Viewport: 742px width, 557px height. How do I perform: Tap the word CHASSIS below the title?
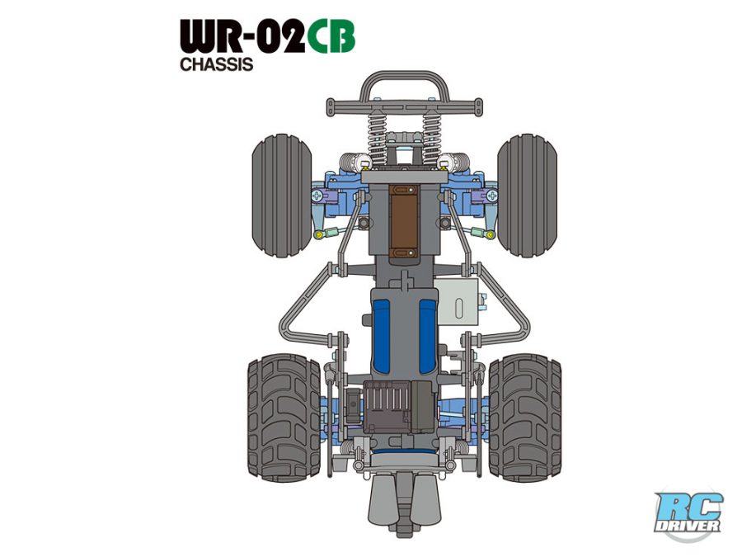tap(216, 64)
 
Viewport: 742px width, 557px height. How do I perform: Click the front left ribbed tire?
tap(282, 196)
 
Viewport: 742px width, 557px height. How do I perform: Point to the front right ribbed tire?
tap(527, 196)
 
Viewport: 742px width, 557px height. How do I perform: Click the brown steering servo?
tap(404, 223)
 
